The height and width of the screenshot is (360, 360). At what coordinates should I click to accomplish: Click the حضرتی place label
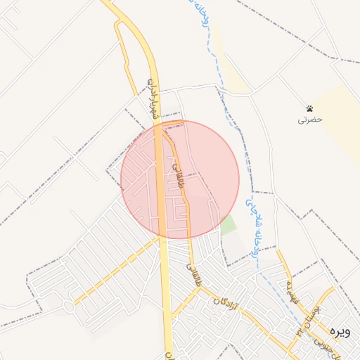point(309,120)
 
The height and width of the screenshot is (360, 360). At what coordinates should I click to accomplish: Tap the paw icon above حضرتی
point(309,108)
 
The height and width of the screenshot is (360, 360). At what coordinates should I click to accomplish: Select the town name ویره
point(342,331)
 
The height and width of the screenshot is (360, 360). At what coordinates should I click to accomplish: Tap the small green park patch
point(229,226)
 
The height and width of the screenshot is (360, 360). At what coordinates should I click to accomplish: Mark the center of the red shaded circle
point(180,179)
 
